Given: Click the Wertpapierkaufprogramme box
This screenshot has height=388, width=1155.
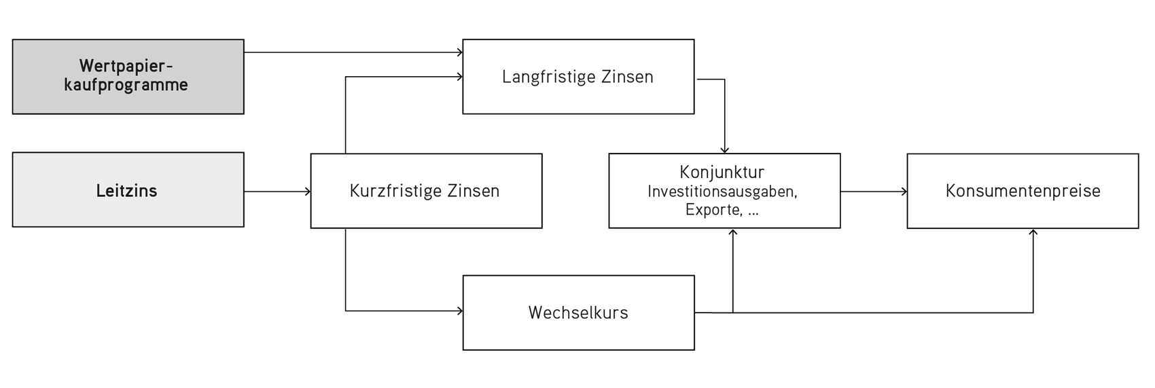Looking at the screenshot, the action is (128, 76).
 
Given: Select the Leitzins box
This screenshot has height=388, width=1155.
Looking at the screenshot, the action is (128, 190).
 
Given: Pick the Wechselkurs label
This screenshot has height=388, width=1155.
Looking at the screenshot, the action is (578, 313).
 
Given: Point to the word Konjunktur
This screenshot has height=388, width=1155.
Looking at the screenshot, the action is (722, 172).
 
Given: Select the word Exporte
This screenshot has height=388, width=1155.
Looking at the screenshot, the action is (713, 210).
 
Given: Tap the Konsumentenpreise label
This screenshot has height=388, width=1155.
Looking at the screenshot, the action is (1023, 191).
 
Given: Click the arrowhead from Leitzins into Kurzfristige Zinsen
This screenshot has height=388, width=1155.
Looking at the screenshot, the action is (308, 192).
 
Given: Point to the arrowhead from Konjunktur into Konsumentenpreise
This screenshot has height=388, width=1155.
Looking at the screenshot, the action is (904, 192).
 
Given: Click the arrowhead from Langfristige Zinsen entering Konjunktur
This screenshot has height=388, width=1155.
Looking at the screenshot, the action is (724, 149).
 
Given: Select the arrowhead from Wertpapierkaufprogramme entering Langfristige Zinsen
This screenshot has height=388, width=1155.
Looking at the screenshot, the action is (459, 52).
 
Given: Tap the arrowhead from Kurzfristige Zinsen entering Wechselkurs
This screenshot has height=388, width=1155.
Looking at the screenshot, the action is (459, 311).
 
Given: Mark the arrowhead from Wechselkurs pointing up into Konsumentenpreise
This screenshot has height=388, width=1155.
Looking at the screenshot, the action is (1033, 232).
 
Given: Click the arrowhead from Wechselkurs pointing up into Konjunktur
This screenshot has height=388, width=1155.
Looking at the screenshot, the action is (732, 232).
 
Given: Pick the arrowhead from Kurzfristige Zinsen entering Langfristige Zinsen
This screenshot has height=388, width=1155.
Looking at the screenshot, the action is (459, 77).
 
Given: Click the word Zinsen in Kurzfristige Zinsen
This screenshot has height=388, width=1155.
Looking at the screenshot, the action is (473, 191).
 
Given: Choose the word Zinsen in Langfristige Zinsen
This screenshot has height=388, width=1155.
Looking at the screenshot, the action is (627, 77).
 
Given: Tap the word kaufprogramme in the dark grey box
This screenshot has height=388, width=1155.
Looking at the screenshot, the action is (126, 86).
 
